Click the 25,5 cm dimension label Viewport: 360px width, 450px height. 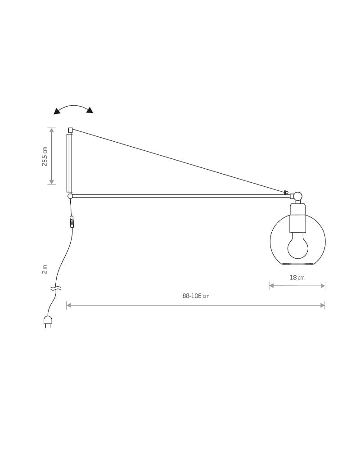pos(45,157)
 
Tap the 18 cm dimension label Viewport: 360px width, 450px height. pos(297,278)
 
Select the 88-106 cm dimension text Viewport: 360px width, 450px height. pos(196,296)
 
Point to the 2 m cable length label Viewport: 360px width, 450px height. pos(45,270)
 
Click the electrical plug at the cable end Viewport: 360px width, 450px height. pos(48,322)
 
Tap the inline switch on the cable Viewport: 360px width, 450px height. pos(72,221)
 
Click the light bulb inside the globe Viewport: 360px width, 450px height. pos(298,245)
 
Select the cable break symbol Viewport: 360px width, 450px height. pos(56,288)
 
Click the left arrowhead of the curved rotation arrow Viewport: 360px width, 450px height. pos(57,111)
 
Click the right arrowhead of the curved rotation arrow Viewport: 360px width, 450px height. pos(90,110)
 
